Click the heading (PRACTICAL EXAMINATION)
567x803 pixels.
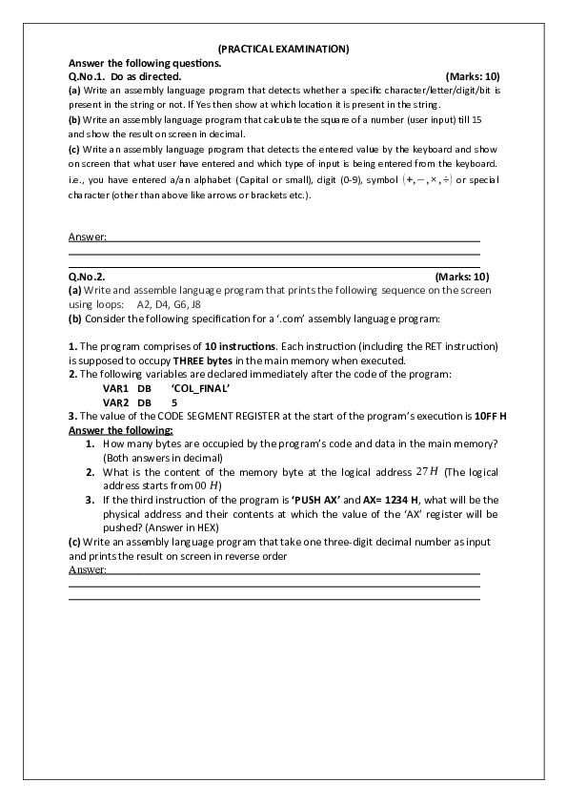[x=283, y=48]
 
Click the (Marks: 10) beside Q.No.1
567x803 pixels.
[x=473, y=74]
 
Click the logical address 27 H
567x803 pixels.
[x=428, y=472]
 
